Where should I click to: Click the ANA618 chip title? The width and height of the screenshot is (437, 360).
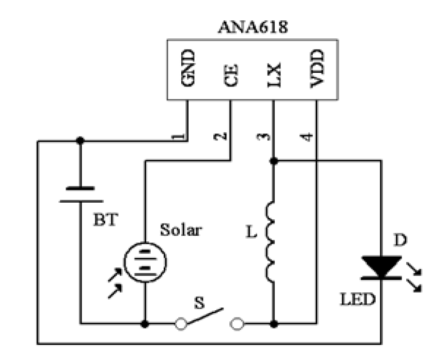pyautogui.click(x=253, y=27)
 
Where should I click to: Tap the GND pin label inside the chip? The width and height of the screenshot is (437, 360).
pyautogui.click(x=188, y=68)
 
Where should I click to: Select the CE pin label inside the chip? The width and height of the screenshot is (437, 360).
pyautogui.click(x=231, y=75)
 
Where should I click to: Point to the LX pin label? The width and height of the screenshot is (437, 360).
pyautogui.click(x=274, y=75)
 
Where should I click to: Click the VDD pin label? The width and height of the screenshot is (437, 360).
pyautogui.click(x=317, y=68)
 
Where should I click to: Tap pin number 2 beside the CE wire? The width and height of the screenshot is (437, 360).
pyautogui.click(x=220, y=136)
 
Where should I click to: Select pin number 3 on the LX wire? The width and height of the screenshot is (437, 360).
pyautogui.click(x=263, y=137)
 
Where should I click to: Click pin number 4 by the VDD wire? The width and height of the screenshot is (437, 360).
pyautogui.click(x=306, y=137)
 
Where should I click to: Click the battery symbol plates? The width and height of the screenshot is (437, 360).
pyautogui.click(x=81, y=195)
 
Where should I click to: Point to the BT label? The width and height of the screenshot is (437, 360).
pyautogui.click(x=106, y=220)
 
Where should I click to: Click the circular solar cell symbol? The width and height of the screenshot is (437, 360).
pyautogui.click(x=145, y=262)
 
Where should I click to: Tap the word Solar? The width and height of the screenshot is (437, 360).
pyautogui.click(x=181, y=230)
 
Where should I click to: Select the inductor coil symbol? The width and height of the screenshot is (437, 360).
pyautogui.click(x=270, y=242)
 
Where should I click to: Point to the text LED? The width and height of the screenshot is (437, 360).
pyautogui.click(x=358, y=299)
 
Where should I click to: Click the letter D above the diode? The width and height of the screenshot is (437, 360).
pyautogui.click(x=401, y=240)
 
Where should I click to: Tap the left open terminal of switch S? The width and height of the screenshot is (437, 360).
pyautogui.click(x=181, y=324)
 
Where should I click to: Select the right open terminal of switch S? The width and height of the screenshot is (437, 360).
pyautogui.click(x=237, y=324)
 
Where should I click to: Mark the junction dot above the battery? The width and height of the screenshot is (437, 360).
pyautogui.click(x=80, y=141)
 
